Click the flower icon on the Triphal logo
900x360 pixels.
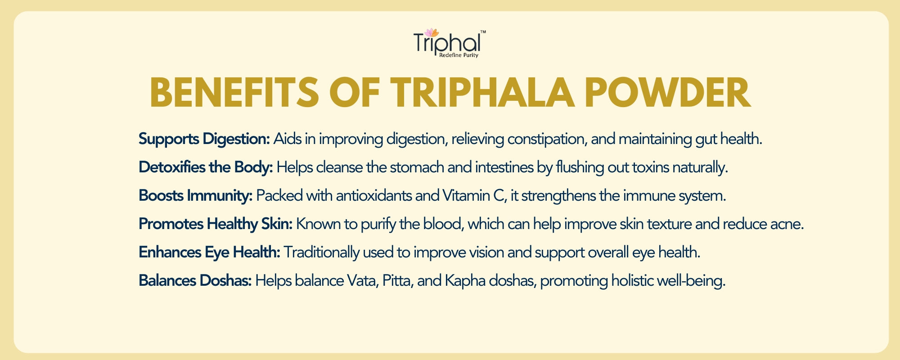431,32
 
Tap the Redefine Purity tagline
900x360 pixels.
459,55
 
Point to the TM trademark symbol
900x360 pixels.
483,32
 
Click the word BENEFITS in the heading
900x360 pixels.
234,93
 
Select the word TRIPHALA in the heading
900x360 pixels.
482,93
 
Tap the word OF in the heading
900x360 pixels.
355,93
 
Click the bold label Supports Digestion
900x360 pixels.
204,139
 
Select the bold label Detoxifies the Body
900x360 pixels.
206,167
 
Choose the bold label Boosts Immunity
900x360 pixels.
195,196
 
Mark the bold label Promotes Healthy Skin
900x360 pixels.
216,224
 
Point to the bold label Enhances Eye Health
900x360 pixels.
209,252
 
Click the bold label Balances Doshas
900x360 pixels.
195,281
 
